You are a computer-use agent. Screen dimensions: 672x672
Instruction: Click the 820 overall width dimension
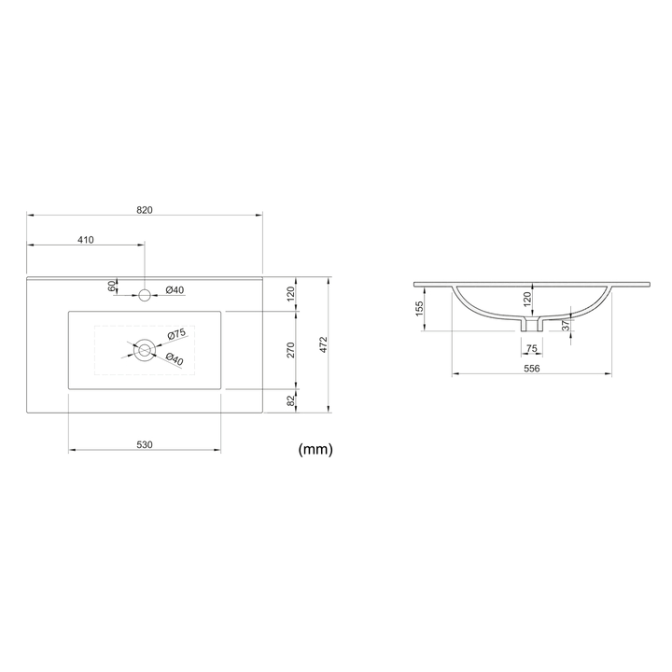[x=145, y=210]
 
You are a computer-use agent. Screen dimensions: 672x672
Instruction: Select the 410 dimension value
[x=86, y=240]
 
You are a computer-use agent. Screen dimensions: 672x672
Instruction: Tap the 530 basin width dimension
[x=145, y=445]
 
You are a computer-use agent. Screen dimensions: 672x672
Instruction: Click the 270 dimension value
[x=291, y=350]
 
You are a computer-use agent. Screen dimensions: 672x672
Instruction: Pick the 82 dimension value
[x=291, y=400]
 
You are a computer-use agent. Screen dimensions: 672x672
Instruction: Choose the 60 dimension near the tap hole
[x=112, y=287]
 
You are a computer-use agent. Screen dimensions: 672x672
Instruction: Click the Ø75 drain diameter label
[x=176, y=334]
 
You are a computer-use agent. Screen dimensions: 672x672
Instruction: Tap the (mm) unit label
[x=315, y=449]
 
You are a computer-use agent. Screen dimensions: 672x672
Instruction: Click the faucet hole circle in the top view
[x=145, y=295]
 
